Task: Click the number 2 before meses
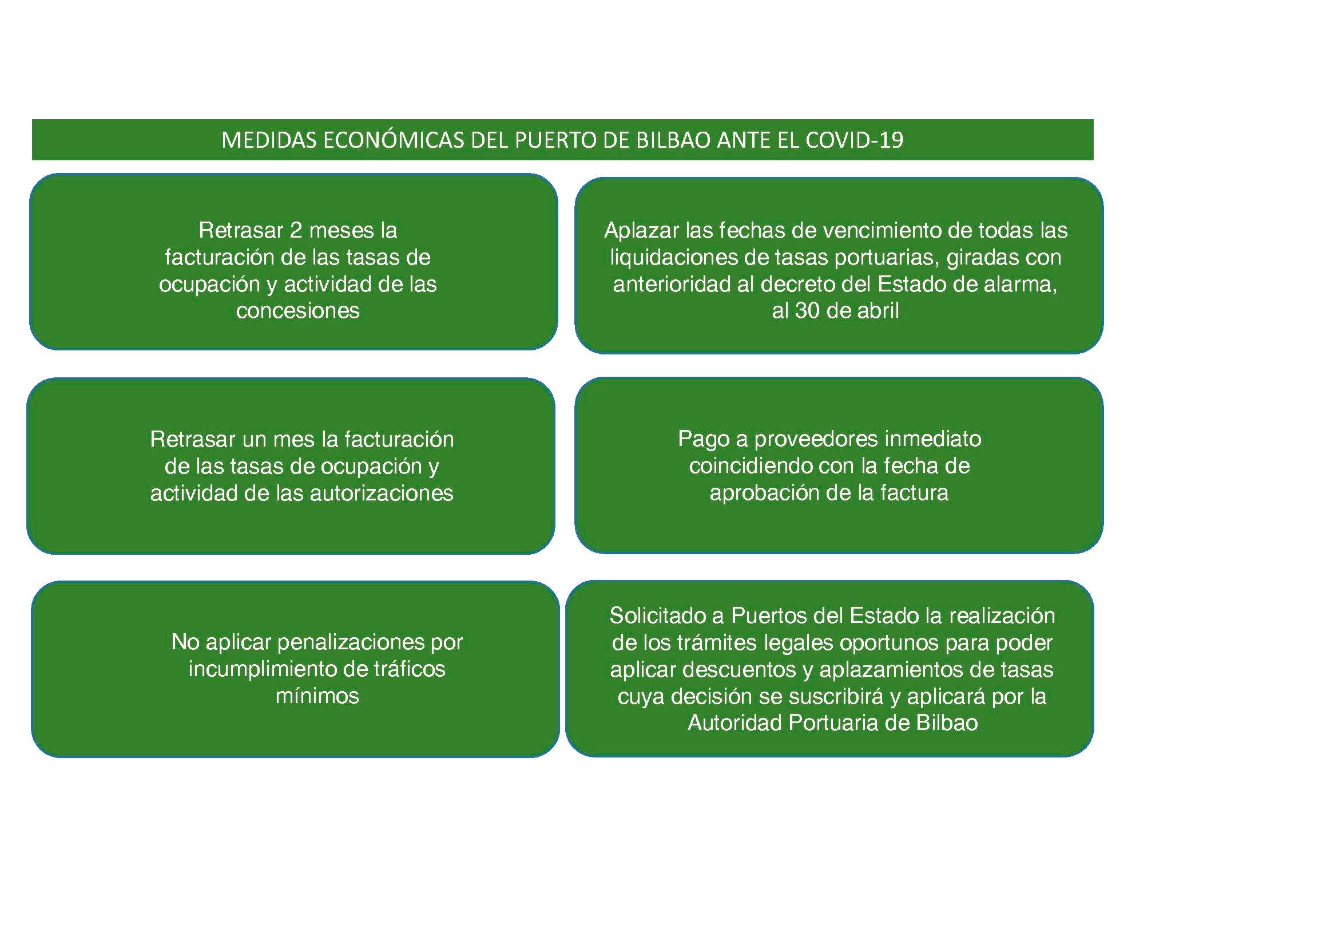[x=295, y=230]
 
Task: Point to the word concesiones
[x=298, y=310]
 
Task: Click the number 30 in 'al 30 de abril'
[x=807, y=310]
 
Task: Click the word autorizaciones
[x=381, y=494]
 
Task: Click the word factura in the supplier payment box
[x=914, y=493]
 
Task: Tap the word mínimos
[x=317, y=695]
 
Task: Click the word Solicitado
[x=659, y=615]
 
